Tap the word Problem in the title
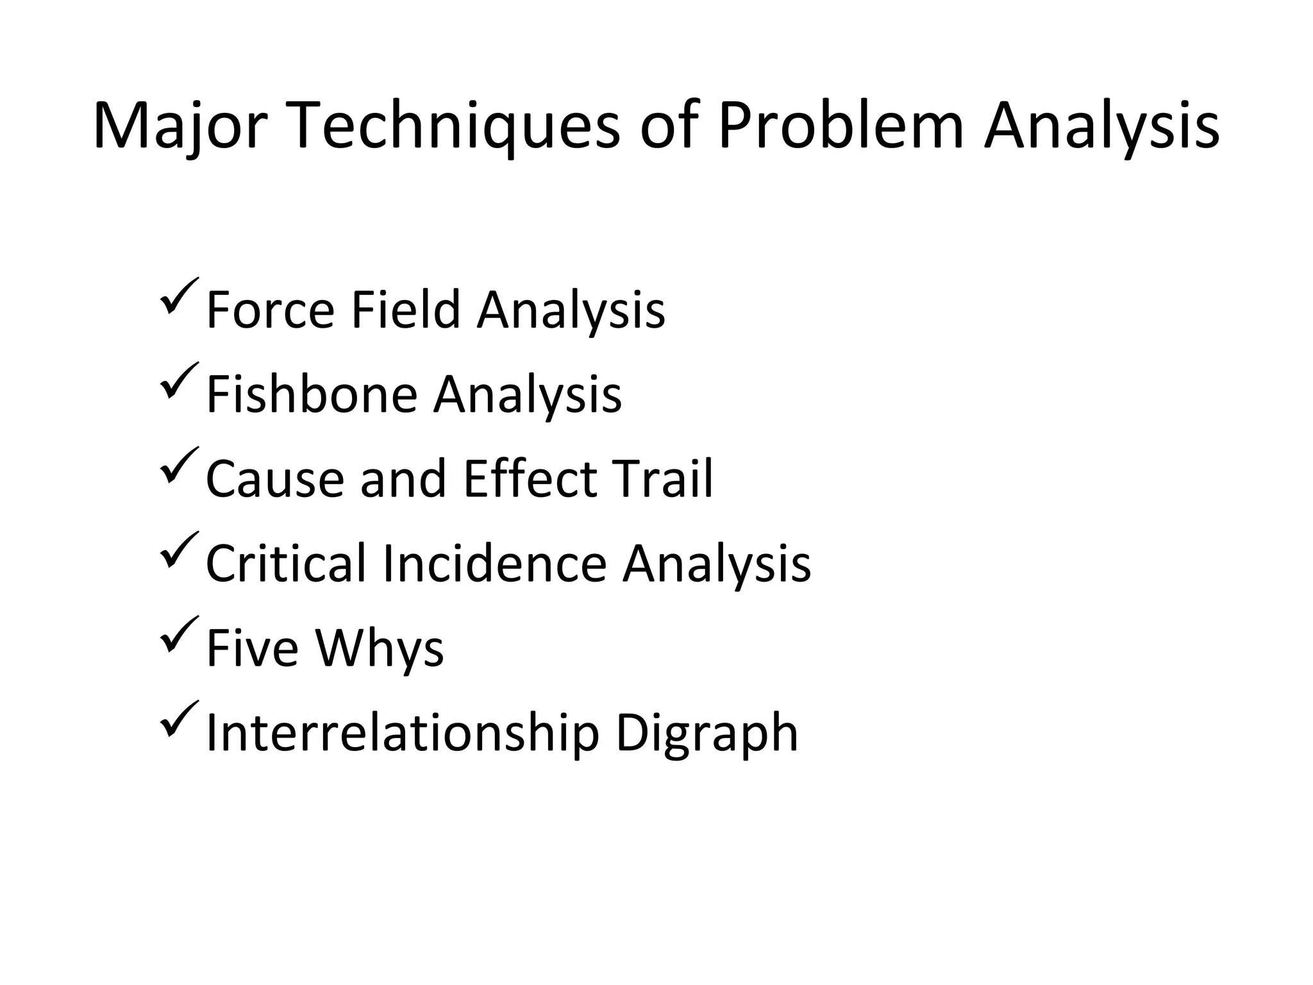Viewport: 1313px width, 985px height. [x=840, y=126]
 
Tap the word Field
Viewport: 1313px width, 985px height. [x=406, y=310]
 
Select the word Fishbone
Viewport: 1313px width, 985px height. [x=312, y=394]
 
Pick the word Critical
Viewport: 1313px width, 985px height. [x=286, y=564]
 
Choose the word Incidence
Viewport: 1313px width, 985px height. [x=494, y=564]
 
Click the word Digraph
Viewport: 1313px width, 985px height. [x=707, y=733]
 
